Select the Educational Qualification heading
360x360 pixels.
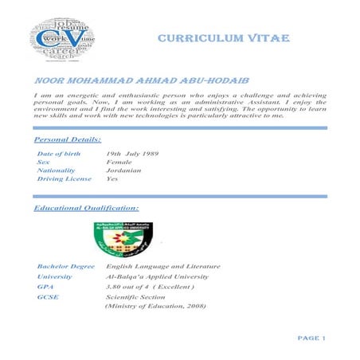pos(87,207)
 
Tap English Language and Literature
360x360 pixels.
pos(162,266)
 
